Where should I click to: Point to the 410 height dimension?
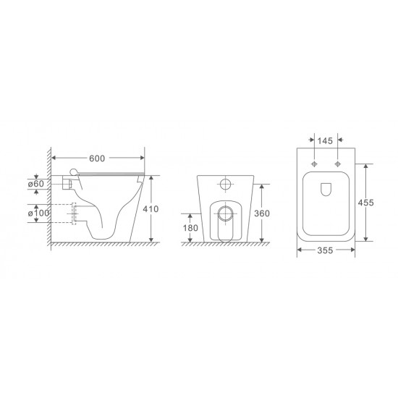[x=161, y=208]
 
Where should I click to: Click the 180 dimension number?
[x=190, y=228]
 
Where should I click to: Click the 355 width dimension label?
[x=325, y=251]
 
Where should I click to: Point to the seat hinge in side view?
[x=74, y=172]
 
